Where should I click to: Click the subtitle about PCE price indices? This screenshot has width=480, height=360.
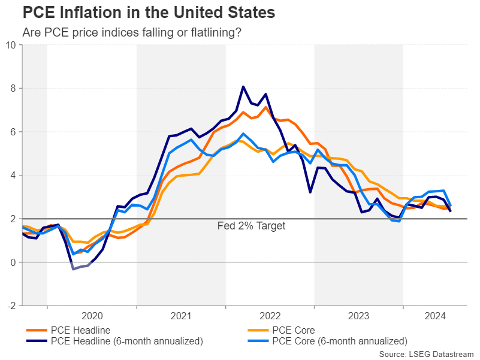[x=132, y=32]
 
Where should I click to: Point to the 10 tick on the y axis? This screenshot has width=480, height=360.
[x=11, y=45]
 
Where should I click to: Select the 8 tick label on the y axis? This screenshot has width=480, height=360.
[x=13, y=89]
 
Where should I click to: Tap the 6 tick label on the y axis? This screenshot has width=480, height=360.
[x=13, y=132]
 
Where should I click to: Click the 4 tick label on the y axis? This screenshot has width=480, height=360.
[x=13, y=176]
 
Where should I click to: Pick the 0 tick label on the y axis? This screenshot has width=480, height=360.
[x=13, y=262]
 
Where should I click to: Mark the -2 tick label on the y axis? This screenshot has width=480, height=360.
[x=11, y=306]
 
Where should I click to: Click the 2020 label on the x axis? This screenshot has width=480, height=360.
[x=92, y=316]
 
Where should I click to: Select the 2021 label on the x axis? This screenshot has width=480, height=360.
[x=181, y=316]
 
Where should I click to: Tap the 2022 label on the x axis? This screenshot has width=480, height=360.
[x=270, y=316]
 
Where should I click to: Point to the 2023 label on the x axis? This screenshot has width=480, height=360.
[x=359, y=316]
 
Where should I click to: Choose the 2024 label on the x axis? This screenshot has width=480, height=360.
[x=435, y=316]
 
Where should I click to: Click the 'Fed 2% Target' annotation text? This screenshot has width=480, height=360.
[x=251, y=226]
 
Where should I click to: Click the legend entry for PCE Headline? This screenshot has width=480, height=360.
[x=80, y=330]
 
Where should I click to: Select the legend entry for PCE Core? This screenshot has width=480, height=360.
[x=293, y=330]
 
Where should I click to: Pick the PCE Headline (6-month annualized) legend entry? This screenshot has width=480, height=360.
[x=126, y=341]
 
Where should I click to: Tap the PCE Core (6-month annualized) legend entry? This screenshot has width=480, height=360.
[x=339, y=341]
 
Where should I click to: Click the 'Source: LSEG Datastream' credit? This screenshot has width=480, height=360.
[x=426, y=355]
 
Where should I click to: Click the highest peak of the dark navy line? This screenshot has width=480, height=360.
[x=243, y=87]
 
